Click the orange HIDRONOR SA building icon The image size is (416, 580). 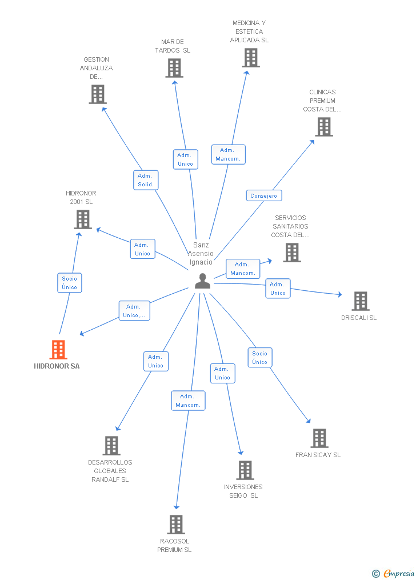pos(58,350)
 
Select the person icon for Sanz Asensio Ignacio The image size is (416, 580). pos(202,281)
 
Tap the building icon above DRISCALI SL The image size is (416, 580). pos(360,301)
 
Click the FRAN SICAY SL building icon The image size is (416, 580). pos(319,438)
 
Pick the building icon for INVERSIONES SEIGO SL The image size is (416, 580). pos(245,470)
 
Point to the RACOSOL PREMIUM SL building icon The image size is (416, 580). pos(176,525)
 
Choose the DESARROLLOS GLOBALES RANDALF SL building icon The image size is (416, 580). pos(111,446)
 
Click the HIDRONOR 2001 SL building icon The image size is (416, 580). pos(83,219)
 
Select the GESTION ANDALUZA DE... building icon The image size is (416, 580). pos(98,94)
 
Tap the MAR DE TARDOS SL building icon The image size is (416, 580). pos(174,68)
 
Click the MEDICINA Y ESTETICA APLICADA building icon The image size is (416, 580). pos(250,58)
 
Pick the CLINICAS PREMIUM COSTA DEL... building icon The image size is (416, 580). pos(323,127)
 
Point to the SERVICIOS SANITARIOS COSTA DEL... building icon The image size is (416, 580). pos(291,253)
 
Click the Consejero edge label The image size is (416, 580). pos(263,195)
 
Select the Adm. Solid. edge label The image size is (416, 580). pos(145,180)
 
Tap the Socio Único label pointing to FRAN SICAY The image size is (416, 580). pos(259,358)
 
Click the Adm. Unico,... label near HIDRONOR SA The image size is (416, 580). pos(134,311)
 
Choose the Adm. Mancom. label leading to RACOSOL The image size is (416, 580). pos(188,401)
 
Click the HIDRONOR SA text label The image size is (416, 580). pos(57,366)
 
